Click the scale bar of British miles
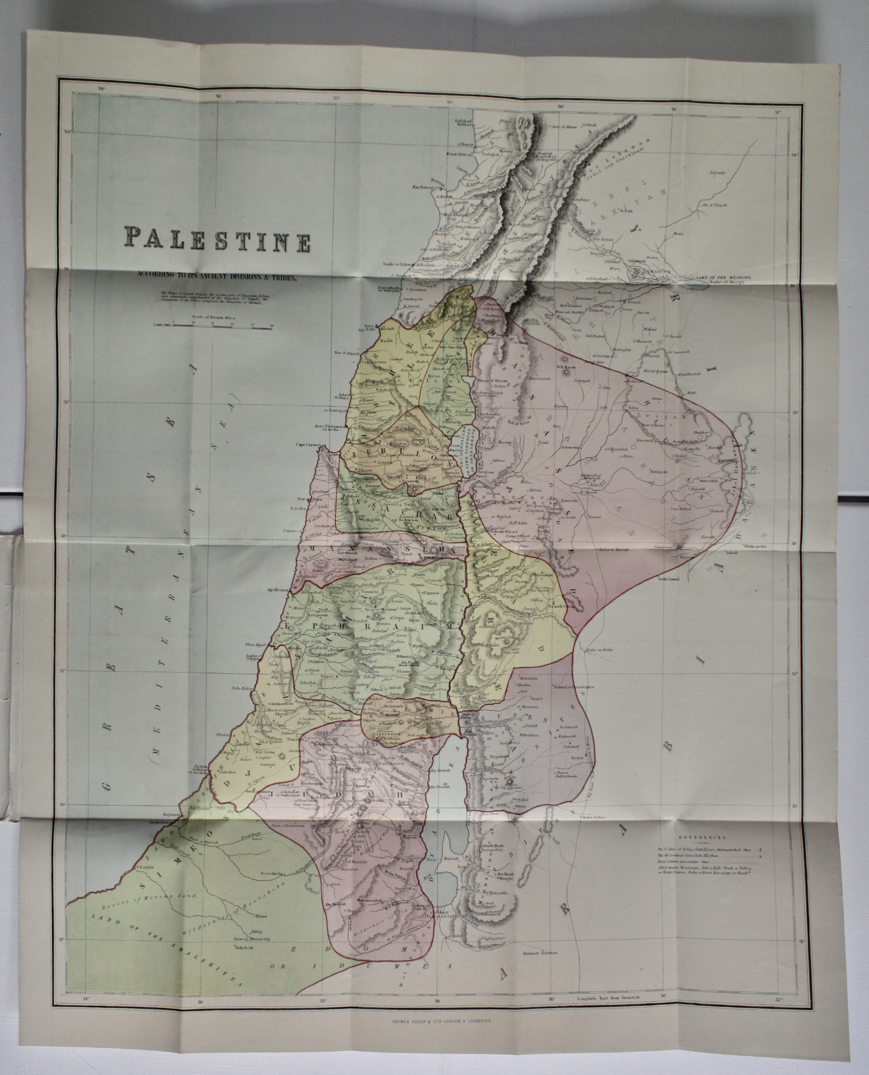click(x=213, y=325)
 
